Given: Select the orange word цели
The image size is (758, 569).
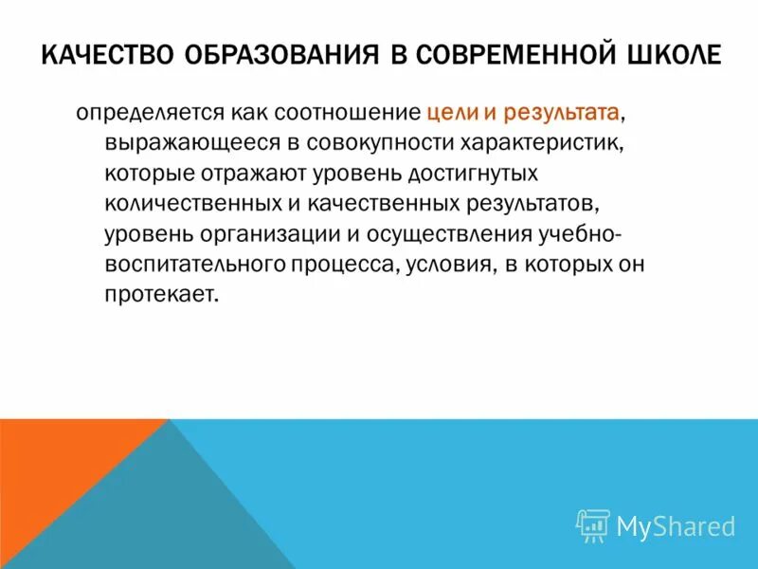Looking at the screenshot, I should coord(449,114).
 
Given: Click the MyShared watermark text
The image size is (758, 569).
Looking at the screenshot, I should coord(676,525).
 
